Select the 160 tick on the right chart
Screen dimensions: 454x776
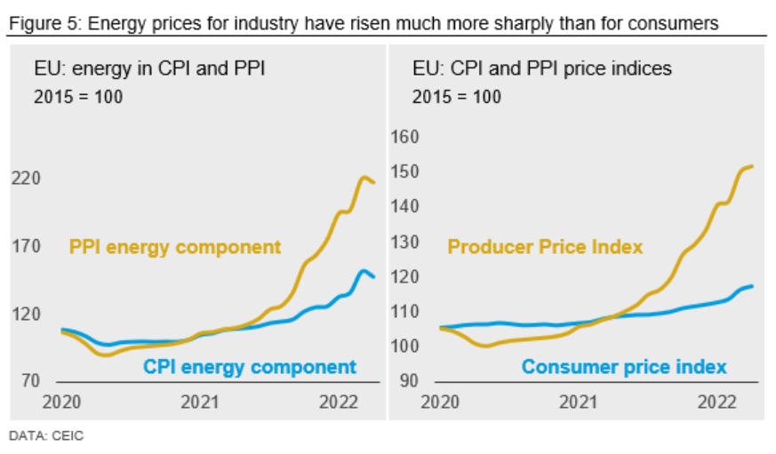404,138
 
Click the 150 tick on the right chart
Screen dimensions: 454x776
404,172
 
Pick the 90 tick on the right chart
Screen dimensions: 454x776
407,381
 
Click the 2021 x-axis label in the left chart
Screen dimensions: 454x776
200,402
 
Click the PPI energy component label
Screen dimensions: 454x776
174,248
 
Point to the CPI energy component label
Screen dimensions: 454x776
250,367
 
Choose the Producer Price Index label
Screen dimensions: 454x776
545,247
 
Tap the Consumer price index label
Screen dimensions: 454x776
624,367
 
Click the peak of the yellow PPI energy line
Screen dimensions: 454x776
364,178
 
